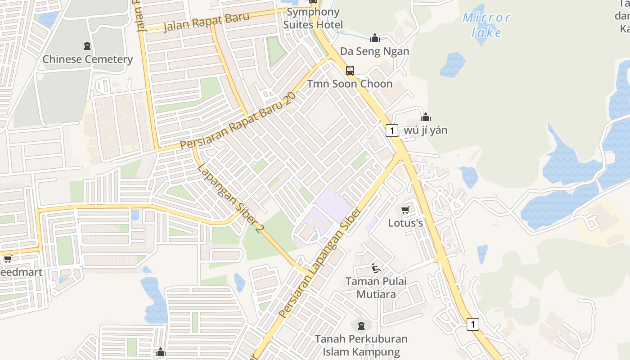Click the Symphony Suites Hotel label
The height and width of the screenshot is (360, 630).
[313, 18]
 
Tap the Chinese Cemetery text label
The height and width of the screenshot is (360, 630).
[88, 59]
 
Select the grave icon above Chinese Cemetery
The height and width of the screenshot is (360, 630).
[87, 45]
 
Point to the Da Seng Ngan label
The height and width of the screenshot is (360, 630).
[374, 51]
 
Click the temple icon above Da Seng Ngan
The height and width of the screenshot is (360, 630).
[374, 38]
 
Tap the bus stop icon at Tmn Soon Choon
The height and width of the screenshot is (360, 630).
[350, 70]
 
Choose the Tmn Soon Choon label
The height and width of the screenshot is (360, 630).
[350, 84]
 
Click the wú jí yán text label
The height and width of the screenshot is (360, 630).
[426, 130]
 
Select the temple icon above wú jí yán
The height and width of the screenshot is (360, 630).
[426, 117]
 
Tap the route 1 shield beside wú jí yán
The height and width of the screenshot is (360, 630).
[392, 130]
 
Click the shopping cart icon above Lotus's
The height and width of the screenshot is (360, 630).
[405, 210]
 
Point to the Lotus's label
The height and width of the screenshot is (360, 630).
[405, 223]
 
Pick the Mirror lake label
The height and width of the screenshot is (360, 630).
[486, 25]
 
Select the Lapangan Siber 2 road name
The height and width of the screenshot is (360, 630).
[230, 198]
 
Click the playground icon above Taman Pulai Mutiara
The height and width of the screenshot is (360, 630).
[376, 268]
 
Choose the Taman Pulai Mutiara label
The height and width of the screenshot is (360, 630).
[376, 288]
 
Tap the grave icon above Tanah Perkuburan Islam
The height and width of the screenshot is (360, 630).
[361, 325]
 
